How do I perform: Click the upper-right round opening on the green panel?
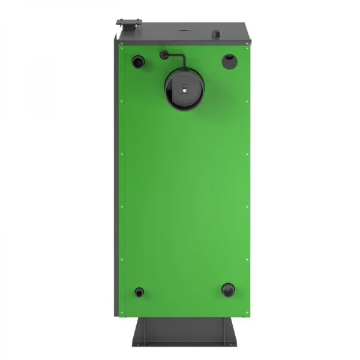tap(229, 60)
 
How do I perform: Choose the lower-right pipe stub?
tap(228, 290)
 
